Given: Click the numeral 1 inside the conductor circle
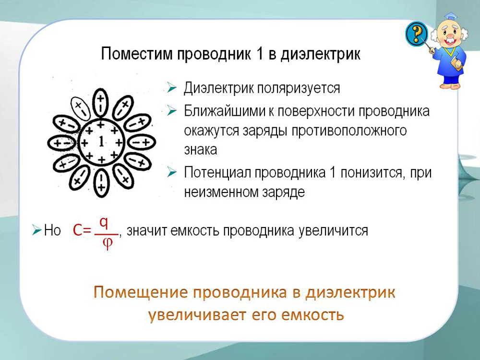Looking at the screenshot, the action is pyautogui.click(x=101, y=142).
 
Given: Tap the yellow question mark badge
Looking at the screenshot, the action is pyautogui.click(x=416, y=34).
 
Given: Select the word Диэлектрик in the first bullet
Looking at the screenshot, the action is pyautogui.click(x=218, y=88).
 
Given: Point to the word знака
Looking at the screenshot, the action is pyautogui.click(x=201, y=150).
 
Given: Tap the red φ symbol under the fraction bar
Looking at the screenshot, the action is pyautogui.click(x=108, y=243).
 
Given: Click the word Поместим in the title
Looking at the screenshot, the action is pyautogui.click(x=137, y=54).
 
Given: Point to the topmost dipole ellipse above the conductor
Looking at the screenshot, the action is pyautogui.click(x=100, y=103).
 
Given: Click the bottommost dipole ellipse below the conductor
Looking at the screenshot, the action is pyautogui.click(x=101, y=182).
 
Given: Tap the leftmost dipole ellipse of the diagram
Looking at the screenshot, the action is pyautogui.click(x=62, y=143).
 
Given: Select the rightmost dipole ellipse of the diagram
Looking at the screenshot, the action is pyautogui.click(x=142, y=143).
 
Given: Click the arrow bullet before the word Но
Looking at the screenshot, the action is pyautogui.click(x=36, y=230).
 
